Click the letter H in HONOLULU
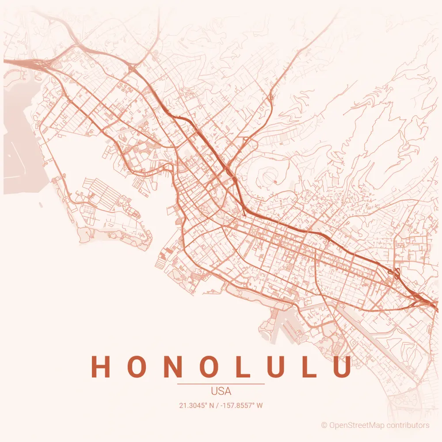coord(100,367)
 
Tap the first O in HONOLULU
coord(137,367)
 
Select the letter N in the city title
coord(173,367)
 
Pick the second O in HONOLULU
coord(209,367)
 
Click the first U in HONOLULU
coord(275,367)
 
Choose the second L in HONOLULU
coord(309,367)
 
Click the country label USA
coord(221,392)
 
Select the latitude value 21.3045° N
coord(198,405)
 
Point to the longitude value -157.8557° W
coord(243,405)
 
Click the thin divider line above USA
coord(221,384)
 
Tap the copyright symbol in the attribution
coord(324,425)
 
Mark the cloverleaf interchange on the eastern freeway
coord(395,274)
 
